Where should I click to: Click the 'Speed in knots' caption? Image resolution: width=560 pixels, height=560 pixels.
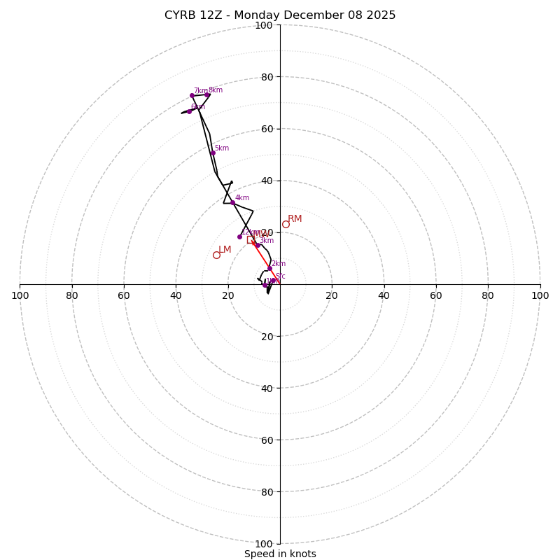[x=280, y=554]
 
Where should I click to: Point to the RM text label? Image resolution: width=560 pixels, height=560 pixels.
[x=295, y=219]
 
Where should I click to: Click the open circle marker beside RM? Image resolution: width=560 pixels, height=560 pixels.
[x=286, y=224]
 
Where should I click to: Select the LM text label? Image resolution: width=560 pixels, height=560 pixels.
[x=225, y=250]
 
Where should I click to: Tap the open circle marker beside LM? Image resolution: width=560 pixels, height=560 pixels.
[x=216, y=255]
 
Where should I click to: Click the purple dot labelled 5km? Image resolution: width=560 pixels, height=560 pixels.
[x=213, y=153]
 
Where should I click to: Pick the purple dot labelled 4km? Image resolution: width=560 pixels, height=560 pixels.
[x=232, y=202]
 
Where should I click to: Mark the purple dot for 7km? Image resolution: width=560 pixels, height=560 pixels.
[x=192, y=95]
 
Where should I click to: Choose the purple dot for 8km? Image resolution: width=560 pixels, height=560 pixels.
[x=207, y=94]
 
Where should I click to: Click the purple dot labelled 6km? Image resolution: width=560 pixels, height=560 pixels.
[x=189, y=111]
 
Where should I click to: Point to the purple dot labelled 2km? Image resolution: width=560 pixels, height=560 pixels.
[x=269, y=268]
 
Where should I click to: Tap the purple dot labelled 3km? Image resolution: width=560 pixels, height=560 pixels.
[x=258, y=245]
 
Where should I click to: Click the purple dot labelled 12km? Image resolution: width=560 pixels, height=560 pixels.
[x=239, y=237]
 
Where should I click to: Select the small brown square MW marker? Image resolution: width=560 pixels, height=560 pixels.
[x=250, y=239]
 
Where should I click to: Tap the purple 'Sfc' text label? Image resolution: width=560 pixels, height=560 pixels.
[x=280, y=276]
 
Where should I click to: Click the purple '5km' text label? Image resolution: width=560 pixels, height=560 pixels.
[x=222, y=148]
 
